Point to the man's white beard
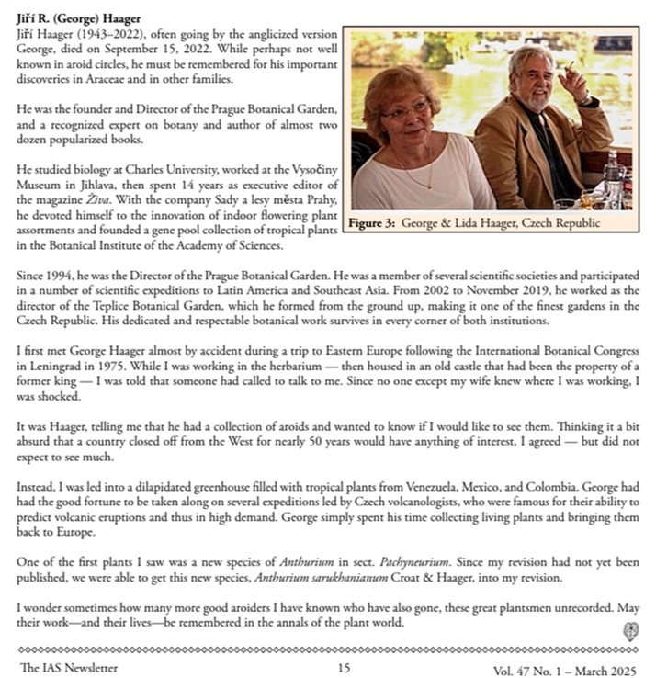click(536, 98)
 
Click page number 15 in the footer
click(344, 668)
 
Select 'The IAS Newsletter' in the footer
click(69, 668)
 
